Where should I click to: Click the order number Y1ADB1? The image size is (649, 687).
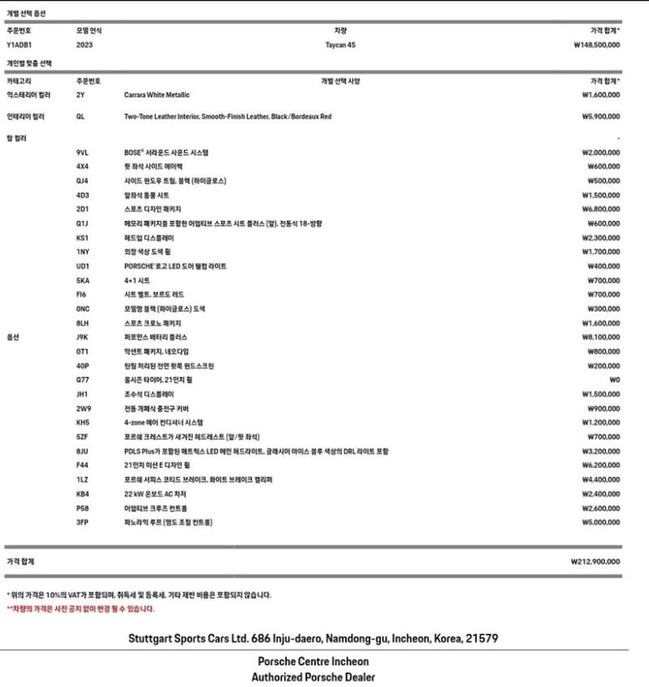[19, 45]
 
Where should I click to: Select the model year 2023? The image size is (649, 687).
[84, 45]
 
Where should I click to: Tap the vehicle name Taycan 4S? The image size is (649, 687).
[340, 45]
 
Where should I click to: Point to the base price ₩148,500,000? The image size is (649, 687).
[596, 45]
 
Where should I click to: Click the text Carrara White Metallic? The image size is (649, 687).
[157, 95]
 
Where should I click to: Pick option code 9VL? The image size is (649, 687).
[83, 153]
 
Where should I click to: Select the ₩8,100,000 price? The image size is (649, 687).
[600, 337]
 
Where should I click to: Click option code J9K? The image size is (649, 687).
[83, 337]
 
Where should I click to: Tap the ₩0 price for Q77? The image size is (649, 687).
[615, 380]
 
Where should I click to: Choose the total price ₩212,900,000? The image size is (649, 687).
[595, 562]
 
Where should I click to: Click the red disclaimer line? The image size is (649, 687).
[80, 609]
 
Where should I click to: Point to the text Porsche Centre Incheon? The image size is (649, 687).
[313, 661]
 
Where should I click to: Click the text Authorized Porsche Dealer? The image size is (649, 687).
[313, 677]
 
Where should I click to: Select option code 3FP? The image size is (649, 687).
[83, 522]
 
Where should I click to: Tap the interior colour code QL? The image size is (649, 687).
[80, 117]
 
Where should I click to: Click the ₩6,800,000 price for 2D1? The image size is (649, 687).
[600, 210]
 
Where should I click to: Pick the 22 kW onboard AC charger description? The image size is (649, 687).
[155, 494]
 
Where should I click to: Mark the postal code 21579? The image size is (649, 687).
[482, 638]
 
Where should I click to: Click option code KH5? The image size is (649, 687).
[83, 423]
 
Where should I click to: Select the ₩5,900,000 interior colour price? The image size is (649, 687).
[600, 117]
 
